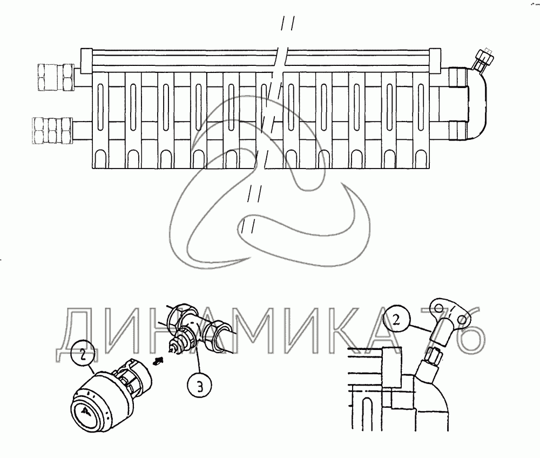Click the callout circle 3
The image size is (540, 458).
click(200, 386)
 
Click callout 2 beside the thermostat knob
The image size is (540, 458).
click(83, 354)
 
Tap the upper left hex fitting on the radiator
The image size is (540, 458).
click(56, 77)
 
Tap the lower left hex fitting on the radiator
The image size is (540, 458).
click(53, 131)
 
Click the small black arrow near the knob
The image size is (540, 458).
click(158, 361)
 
